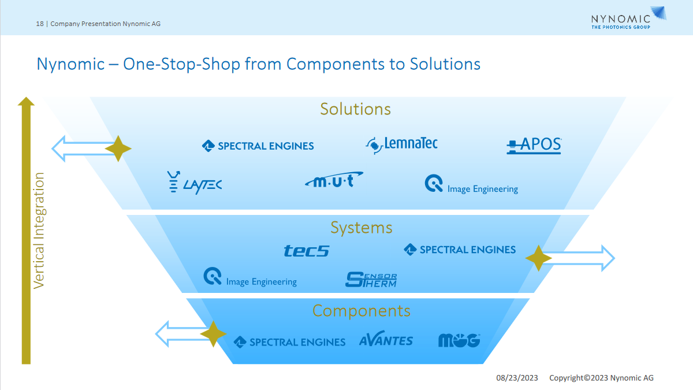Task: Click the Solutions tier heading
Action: click(355, 109)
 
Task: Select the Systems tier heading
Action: click(361, 228)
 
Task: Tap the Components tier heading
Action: click(361, 311)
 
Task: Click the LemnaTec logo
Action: click(402, 144)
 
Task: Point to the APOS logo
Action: click(534, 145)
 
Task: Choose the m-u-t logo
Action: click(334, 181)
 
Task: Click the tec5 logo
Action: click(306, 251)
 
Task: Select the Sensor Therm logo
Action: click(371, 280)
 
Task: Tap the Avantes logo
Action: click(386, 340)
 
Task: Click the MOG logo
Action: click(459, 340)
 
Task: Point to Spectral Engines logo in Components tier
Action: click(289, 342)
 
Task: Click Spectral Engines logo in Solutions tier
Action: click(258, 146)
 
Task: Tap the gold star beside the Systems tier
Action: click(538, 258)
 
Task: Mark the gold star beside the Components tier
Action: click(213, 334)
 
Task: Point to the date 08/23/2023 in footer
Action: click(517, 378)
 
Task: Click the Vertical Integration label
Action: click(39, 231)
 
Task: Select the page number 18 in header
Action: click(39, 24)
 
